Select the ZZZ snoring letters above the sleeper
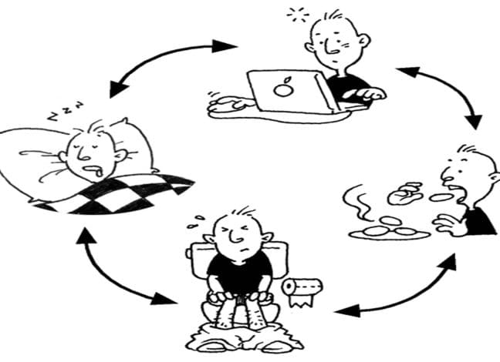65,111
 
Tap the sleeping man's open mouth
96,171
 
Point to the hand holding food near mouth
404,193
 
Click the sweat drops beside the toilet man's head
196,222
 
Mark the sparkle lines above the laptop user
298,15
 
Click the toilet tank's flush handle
189,253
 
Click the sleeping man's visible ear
120,155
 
